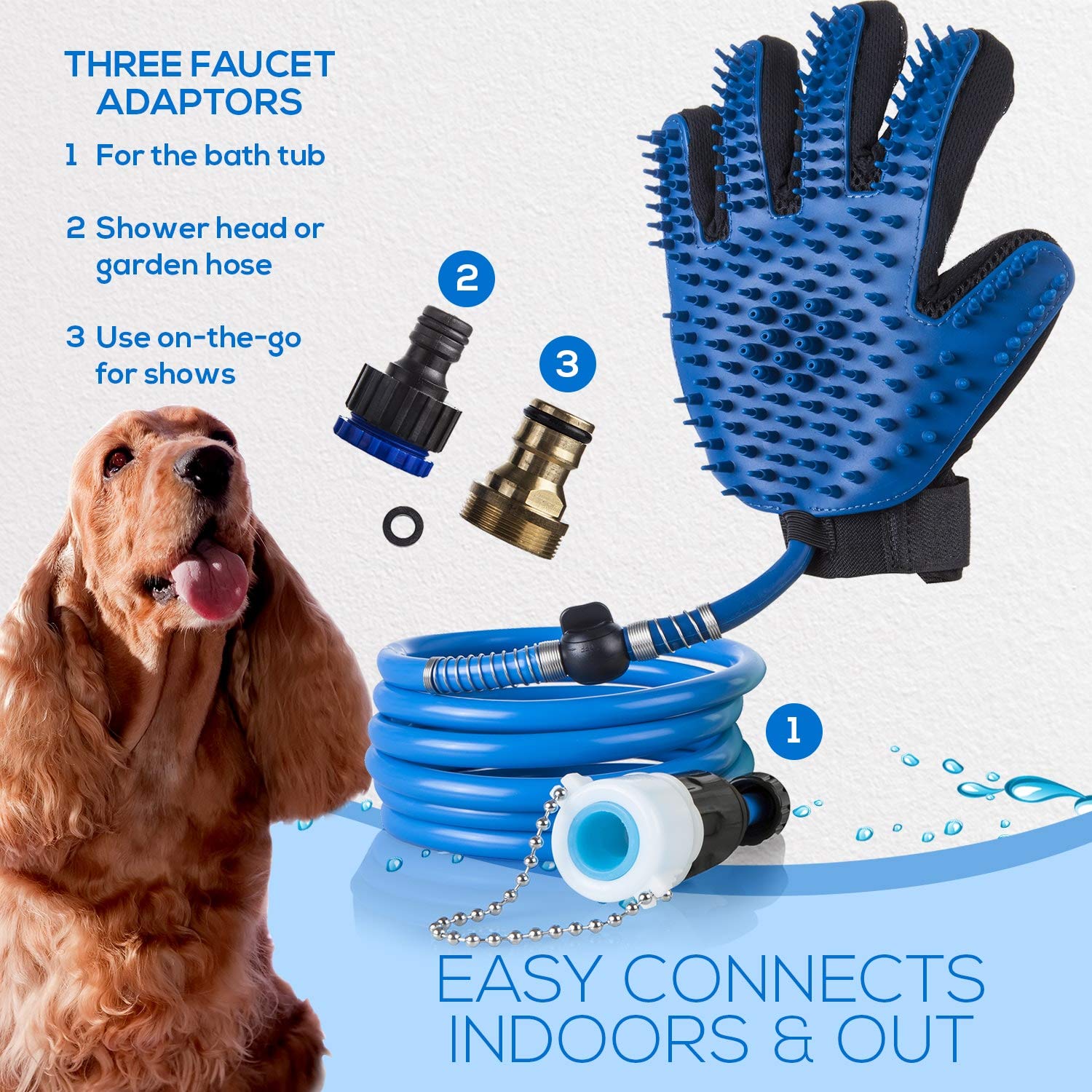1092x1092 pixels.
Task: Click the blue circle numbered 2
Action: pyautogui.click(x=467, y=279)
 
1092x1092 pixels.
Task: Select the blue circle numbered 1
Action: pyautogui.click(x=794, y=730)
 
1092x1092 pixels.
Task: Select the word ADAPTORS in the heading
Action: pyautogui.click(x=199, y=101)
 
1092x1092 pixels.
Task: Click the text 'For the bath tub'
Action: pyautogui.click(x=210, y=156)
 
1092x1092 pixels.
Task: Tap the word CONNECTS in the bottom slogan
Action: pyautogui.click(x=804, y=980)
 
